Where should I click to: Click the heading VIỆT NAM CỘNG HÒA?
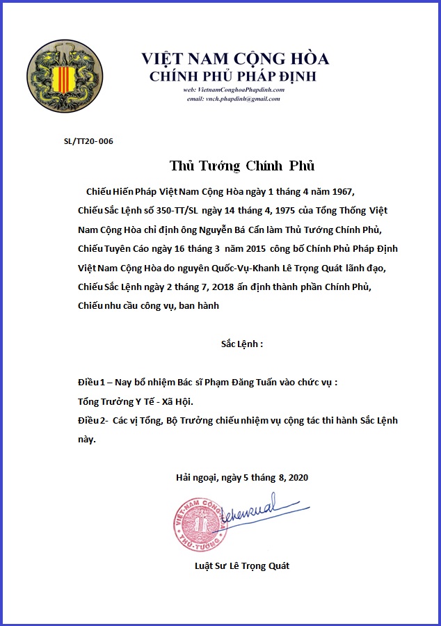[235, 59]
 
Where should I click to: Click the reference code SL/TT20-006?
[88, 142]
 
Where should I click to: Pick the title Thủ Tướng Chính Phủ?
[242, 166]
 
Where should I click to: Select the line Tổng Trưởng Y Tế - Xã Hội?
[136, 402]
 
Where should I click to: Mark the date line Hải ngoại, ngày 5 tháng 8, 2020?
[241, 478]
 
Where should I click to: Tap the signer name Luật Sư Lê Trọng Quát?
[242, 565]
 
